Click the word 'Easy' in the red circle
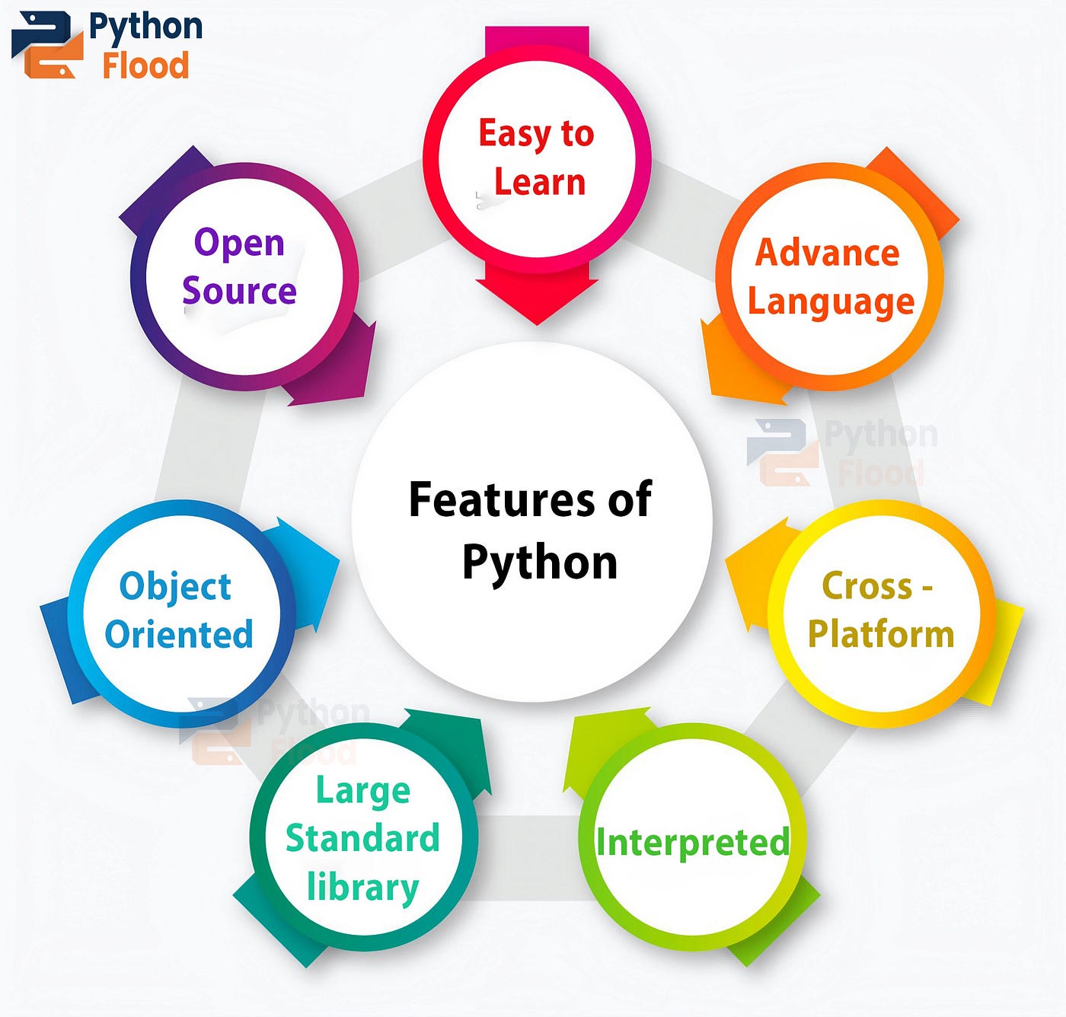514,135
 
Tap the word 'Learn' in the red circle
540,183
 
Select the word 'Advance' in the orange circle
827,253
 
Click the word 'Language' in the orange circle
831,302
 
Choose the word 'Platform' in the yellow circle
881,634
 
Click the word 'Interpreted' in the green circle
692,843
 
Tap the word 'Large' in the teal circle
363,791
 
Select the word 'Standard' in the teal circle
362,838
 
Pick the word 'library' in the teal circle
362,888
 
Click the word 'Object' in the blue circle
175,587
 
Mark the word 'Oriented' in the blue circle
179,634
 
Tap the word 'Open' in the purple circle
239,243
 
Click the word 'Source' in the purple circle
239,291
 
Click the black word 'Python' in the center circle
539,563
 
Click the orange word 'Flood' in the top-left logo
145,65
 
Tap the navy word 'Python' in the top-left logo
145,27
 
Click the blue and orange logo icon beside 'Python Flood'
47,45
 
